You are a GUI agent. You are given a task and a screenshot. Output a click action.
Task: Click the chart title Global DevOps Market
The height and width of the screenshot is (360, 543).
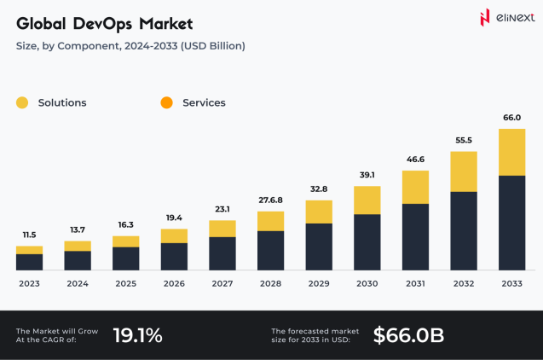104,22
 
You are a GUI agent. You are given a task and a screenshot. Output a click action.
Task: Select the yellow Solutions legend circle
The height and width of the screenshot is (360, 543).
23,103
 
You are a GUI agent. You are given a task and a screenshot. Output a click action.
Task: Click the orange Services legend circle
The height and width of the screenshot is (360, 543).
166,103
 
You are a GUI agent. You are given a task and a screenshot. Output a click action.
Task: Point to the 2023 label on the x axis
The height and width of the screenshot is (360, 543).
29,283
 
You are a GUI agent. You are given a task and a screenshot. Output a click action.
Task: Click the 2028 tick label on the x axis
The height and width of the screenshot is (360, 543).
270,283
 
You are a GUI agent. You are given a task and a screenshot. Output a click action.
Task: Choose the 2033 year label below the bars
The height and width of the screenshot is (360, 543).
511,283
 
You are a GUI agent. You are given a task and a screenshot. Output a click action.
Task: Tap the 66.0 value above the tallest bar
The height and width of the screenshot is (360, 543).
511,118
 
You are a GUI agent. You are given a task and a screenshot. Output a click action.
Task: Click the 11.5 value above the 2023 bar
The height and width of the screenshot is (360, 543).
29,235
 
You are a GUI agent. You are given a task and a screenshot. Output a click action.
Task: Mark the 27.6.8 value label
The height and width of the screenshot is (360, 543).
270,200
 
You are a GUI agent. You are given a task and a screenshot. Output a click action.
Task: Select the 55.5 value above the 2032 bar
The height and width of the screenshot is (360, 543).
463,140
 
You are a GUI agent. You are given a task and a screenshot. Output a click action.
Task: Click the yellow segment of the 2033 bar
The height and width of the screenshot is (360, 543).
511,152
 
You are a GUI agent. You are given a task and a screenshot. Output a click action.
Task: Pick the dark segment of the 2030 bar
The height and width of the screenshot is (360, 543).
367,242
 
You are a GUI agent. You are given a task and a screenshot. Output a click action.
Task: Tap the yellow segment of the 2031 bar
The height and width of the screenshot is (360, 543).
415,187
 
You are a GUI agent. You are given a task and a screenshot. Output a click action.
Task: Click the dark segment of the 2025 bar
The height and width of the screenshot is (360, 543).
125,258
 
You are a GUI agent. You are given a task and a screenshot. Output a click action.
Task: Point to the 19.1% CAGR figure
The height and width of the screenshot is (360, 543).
137,335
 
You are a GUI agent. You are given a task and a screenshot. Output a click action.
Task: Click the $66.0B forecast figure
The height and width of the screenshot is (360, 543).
408,335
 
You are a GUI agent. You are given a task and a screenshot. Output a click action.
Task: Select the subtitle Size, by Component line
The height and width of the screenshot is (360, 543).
130,45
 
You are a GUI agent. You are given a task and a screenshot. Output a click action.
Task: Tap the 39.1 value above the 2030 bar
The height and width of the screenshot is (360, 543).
367,175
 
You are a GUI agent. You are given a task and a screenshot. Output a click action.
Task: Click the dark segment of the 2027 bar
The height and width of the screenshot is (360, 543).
222,253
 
